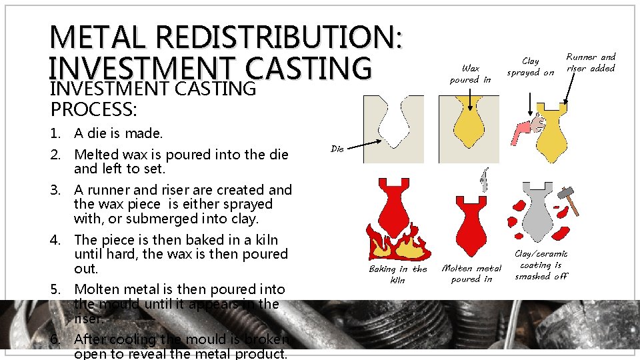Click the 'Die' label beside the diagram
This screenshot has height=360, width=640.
(x=337, y=149)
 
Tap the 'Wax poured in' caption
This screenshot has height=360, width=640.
(x=470, y=73)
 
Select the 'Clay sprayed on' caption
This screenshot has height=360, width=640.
(x=530, y=67)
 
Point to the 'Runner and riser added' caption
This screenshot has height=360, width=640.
(x=591, y=63)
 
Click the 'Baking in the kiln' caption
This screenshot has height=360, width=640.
(x=398, y=274)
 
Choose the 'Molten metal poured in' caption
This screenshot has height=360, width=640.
(x=471, y=273)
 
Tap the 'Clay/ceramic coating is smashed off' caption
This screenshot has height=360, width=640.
(x=541, y=265)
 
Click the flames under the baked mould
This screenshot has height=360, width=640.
(x=397, y=245)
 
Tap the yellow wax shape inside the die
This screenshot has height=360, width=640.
(x=471, y=123)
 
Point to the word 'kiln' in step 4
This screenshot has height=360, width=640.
(x=264, y=239)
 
